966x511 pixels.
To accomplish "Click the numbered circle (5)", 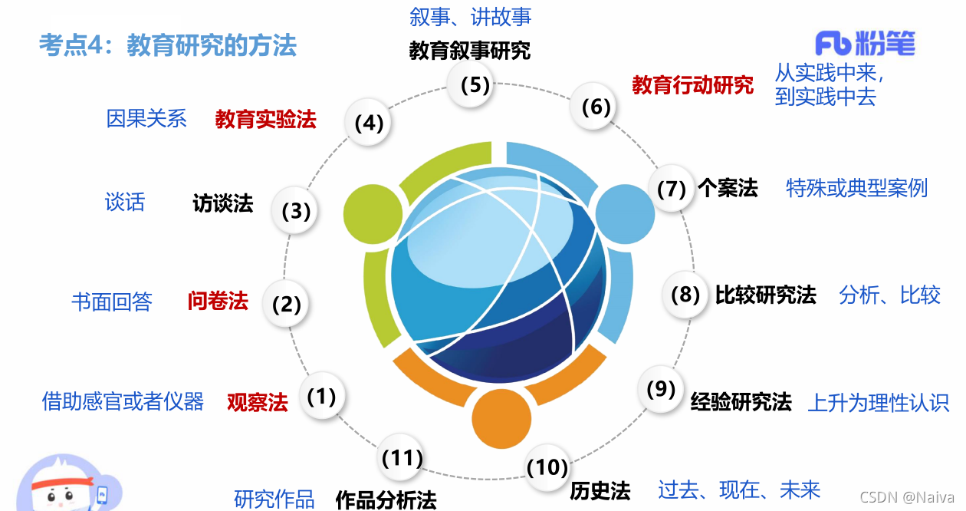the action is tap(475, 84).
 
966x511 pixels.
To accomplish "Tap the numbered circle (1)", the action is tap(322, 397).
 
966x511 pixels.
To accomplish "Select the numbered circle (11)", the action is tap(402, 459).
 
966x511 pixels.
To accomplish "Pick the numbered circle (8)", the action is tap(685, 295).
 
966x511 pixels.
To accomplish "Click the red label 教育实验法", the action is tap(265, 120).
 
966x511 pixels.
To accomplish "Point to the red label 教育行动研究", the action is tap(692, 85).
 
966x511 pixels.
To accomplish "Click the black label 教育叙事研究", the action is tap(469, 51).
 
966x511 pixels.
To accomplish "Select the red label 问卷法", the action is tap(218, 302).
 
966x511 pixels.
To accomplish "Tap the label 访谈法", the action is tap(222, 203).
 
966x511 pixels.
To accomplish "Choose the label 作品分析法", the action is tap(386, 500).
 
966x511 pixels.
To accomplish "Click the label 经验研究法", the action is tap(741, 401).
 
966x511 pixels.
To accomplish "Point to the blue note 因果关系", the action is tap(146, 119).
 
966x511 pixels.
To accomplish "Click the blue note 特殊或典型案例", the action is tap(856, 188).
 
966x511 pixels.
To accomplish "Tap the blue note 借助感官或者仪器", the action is tap(123, 401).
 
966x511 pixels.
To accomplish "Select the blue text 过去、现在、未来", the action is tap(739, 490).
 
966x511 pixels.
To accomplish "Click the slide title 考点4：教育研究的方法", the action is tap(168, 45).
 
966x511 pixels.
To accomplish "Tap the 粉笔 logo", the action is tap(865, 44).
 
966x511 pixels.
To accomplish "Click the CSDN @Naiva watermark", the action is tap(907, 497).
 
